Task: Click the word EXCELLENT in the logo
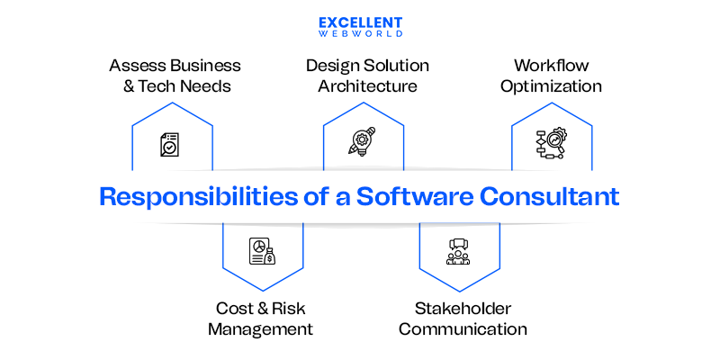coord(360,22)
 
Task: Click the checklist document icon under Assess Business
coord(170,145)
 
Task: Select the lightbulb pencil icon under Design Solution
coord(362,144)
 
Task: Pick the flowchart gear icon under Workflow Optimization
coord(550,144)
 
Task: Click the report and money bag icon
coord(262,251)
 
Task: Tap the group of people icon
coord(458,251)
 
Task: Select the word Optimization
coord(551,87)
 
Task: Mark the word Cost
coord(234,307)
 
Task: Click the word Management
coord(260,328)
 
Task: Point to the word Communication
coord(463,328)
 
